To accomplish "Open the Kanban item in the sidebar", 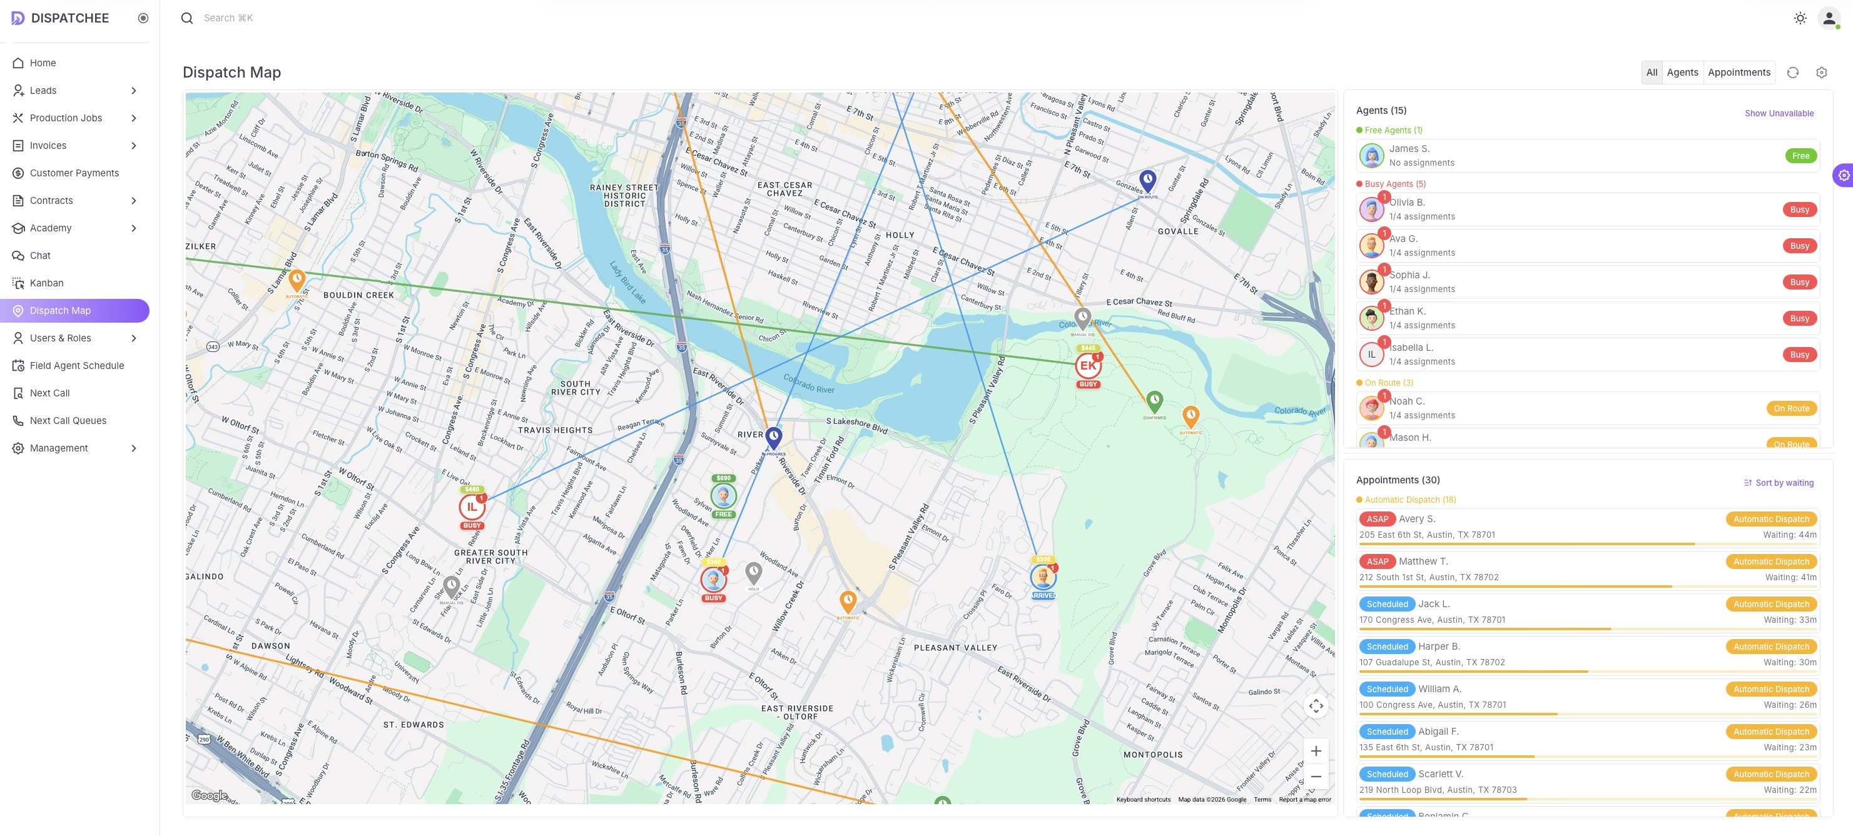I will click(x=46, y=283).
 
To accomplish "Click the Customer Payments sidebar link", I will click(x=74, y=173).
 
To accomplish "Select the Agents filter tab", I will click(x=1682, y=73).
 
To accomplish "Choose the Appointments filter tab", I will click(x=1739, y=73).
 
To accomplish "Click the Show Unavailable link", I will click(x=1778, y=114).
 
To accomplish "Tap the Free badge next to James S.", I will click(x=1800, y=156).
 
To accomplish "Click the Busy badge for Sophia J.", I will click(x=1799, y=283).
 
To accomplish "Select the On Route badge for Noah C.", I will click(x=1790, y=409).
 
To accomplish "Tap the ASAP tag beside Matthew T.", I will click(x=1377, y=562).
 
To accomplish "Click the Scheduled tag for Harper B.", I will click(x=1386, y=647).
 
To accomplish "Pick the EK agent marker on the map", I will click(x=1088, y=366).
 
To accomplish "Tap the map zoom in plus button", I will click(x=1315, y=751).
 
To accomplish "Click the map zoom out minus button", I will click(x=1315, y=777).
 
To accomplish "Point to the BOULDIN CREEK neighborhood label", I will click(x=358, y=295).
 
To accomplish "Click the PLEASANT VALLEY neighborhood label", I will click(x=955, y=648).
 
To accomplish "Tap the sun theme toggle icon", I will click(x=1799, y=18).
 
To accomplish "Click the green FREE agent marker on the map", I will click(x=723, y=496).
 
